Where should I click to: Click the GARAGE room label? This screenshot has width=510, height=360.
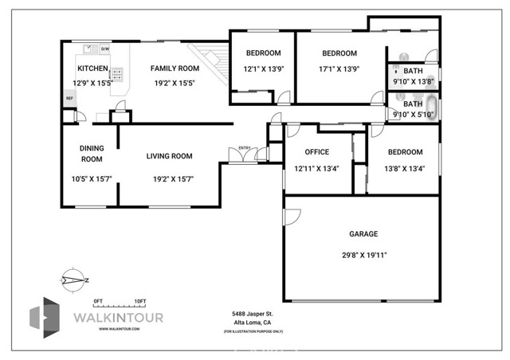363,234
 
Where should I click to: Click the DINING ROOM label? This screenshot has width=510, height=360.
91,153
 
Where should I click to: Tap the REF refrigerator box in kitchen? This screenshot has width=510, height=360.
69,98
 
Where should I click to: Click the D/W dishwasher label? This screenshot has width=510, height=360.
104,49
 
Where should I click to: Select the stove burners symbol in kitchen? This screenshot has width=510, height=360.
118,75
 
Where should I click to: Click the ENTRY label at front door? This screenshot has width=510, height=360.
244,147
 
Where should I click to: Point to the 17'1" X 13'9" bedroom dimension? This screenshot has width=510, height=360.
339,68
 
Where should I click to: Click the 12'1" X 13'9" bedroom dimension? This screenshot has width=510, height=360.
263,68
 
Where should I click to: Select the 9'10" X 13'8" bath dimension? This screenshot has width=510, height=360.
413,82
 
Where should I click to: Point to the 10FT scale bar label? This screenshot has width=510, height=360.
140,300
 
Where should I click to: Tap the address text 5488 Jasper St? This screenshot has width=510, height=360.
252,314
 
